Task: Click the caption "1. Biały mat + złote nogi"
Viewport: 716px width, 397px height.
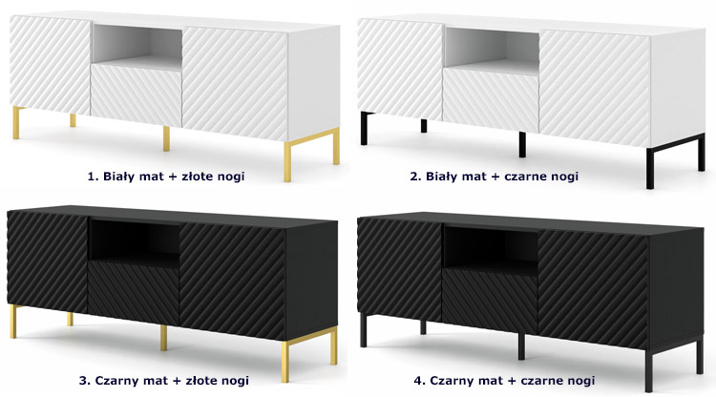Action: [166, 177]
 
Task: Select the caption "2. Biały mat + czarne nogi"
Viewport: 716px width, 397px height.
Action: [495, 177]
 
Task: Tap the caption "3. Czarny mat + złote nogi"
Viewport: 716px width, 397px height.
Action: [164, 381]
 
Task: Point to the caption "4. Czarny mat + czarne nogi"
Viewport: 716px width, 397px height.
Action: [505, 381]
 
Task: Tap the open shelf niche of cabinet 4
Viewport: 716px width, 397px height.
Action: [490, 251]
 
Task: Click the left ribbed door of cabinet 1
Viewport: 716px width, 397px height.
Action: [50, 65]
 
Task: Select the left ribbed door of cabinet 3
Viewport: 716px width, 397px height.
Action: [48, 261]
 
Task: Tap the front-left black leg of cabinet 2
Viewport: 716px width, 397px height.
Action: [365, 129]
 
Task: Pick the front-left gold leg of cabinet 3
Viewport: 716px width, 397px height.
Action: [13, 322]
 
